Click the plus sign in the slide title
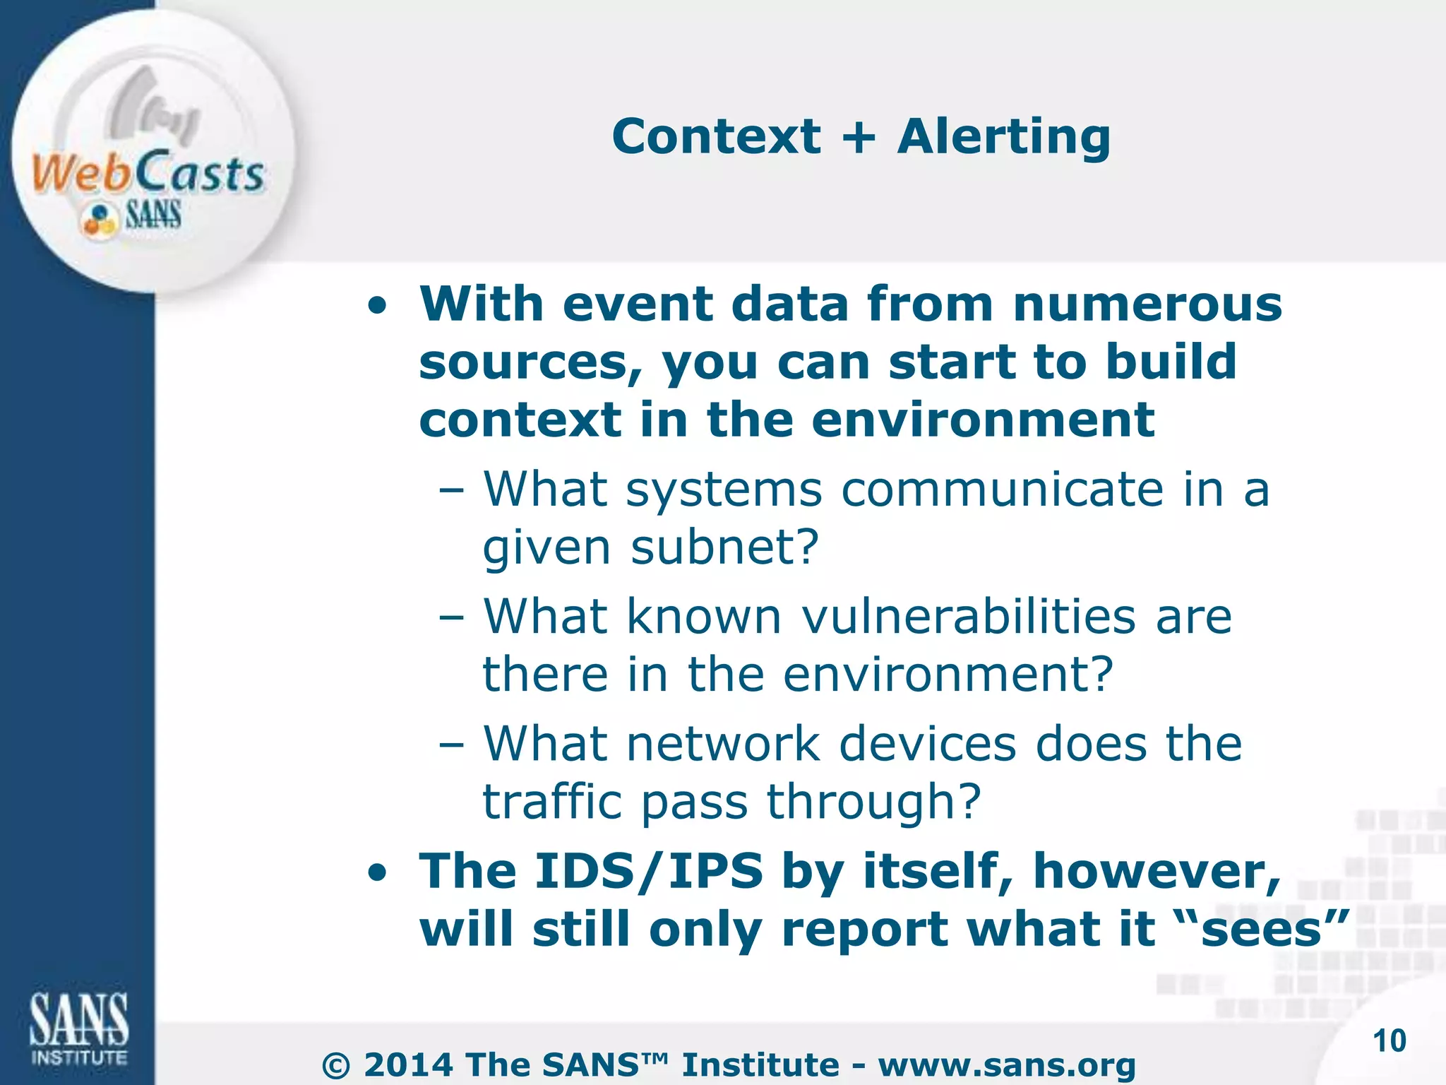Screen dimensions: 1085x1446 859,138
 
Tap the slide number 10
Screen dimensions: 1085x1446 1389,1041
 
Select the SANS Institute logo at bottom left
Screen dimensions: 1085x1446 78,1028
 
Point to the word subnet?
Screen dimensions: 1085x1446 724,547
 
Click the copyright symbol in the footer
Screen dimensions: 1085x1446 335,1065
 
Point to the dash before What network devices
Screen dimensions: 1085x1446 451,745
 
